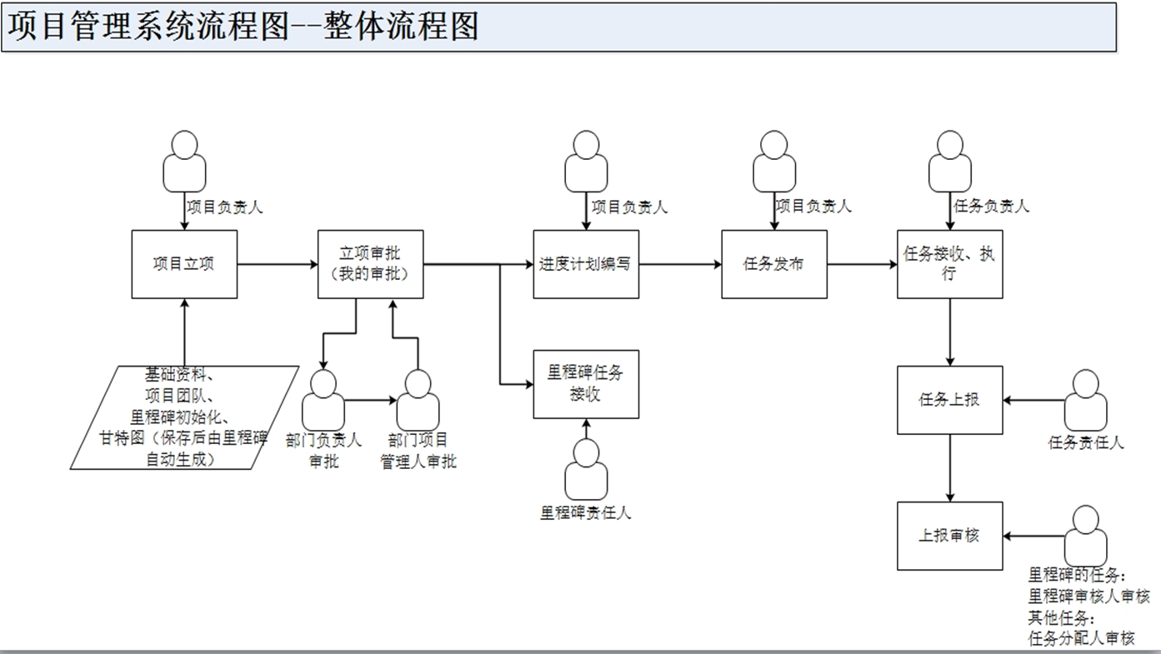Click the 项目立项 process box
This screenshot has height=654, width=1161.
(x=184, y=264)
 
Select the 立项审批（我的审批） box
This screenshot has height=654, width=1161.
(x=370, y=264)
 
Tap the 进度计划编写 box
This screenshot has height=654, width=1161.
(x=586, y=264)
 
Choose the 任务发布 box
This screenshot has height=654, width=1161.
(x=774, y=264)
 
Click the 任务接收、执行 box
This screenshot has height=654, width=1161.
(x=949, y=264)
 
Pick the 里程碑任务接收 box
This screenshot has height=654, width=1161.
(x=586, y=384)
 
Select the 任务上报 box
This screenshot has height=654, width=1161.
(x=949, y=400)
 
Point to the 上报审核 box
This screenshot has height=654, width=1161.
(x=949, y=536)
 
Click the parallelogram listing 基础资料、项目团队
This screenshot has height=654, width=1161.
(x=184, y=417)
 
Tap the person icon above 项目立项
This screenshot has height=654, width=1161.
(x=183, y=162)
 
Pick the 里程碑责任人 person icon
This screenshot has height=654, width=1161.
(x=586, y=470)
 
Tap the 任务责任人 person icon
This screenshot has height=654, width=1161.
(x=1086, y=401)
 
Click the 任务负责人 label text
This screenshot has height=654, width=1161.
(x=990, y=206)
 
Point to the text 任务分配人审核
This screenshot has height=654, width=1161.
(x=1081, y=638)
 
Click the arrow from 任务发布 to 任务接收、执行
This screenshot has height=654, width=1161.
(x=862, y=265)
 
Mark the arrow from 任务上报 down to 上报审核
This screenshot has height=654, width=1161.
(x=950, y=467)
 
